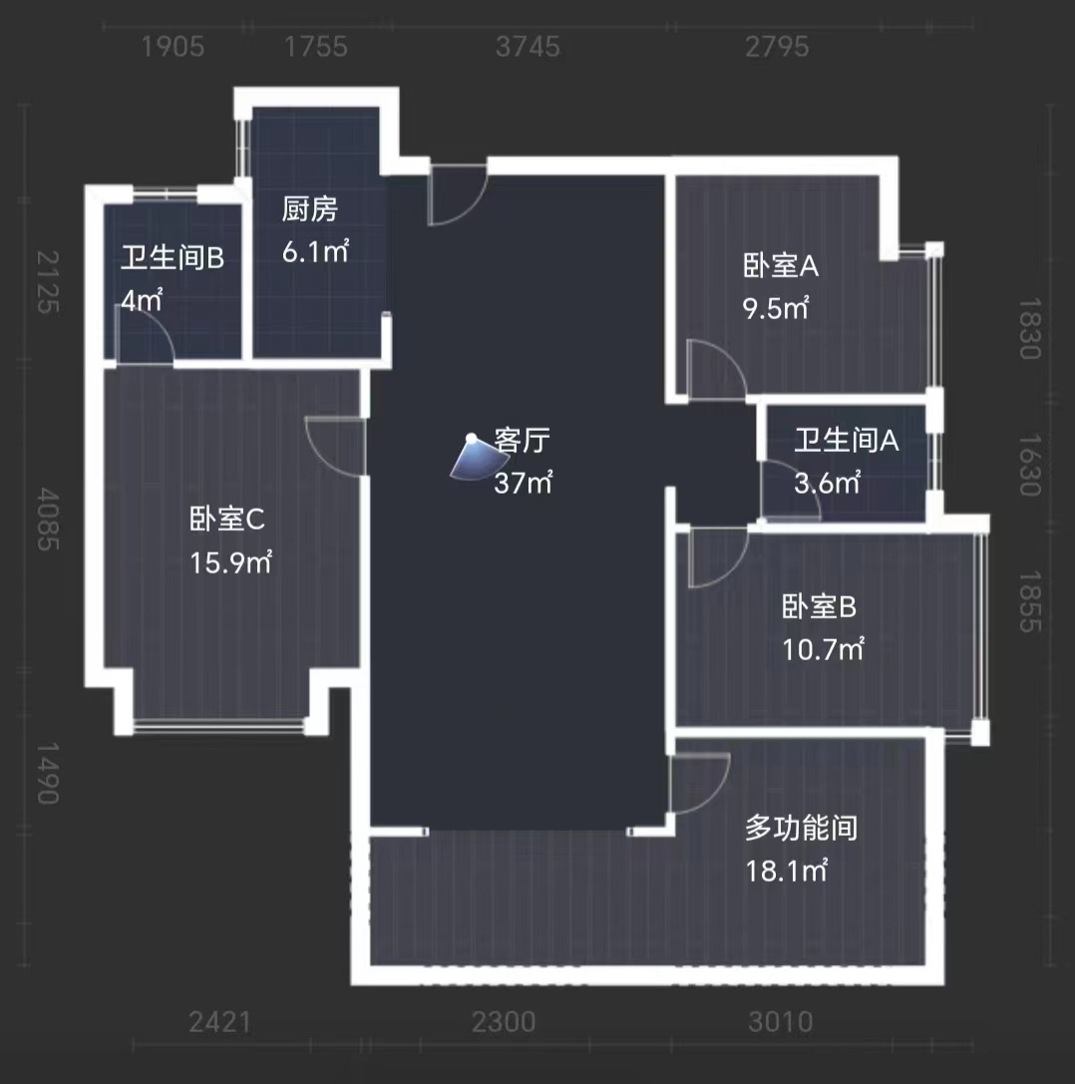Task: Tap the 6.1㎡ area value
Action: pos(315,251)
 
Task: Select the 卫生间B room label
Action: pos(173,259)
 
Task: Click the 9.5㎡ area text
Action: pos(776,308)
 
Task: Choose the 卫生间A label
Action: pos(847,440)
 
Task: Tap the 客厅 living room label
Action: pos(523,441)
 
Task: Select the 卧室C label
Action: pos(226,520)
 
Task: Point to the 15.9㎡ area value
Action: pos(231,562)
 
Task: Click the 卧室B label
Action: pos(820,606)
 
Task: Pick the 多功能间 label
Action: pos(801,828)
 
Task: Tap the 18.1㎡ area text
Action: pos(787,871)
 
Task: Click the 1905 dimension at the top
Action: pos(174,47)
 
